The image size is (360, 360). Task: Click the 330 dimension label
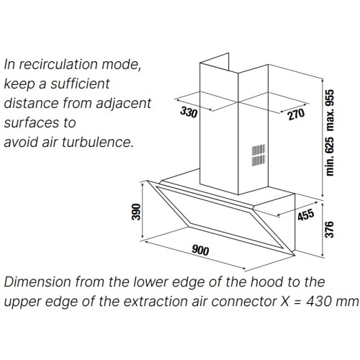(189, 112)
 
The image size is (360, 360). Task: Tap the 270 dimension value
(296, 114)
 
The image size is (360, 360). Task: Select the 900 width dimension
(200, 250)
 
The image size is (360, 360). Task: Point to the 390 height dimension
(136, 212)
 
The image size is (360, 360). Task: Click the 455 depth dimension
(305, 215)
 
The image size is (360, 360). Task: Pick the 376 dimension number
(329, 230)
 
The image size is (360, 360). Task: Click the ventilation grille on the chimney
(258, 156)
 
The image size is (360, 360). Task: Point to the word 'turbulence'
(98, 142)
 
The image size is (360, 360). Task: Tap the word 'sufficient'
(80, 84)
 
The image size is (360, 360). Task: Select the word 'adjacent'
(124, 104)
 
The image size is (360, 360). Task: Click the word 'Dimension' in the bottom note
(37, 282)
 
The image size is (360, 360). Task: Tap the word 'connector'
(244, 302)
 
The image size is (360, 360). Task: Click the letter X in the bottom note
(285, 302)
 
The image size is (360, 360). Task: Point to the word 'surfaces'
(32, 122)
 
